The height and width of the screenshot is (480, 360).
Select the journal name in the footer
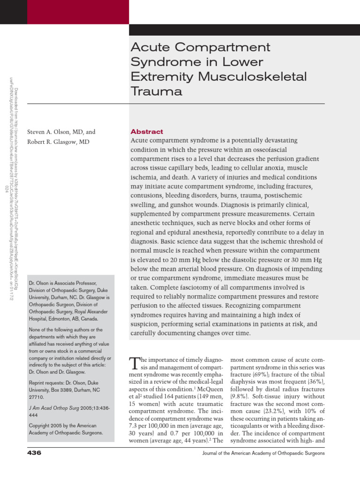263,454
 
